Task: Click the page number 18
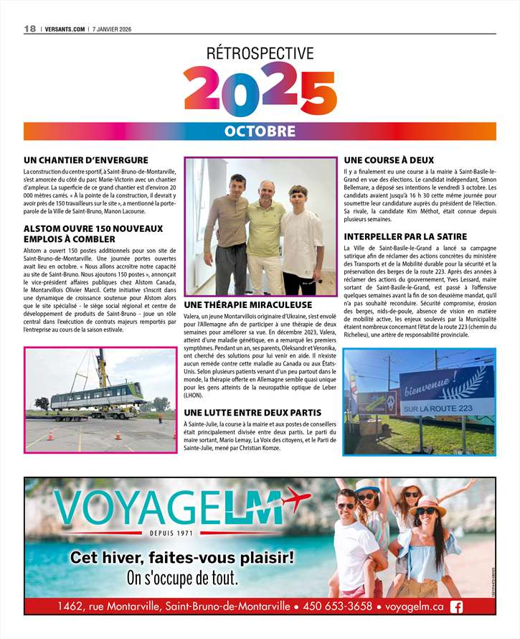pyautogui.click(x=29, y=29)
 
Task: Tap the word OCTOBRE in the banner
pyautogui.click(x=260, y=131)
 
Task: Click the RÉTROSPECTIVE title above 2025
pyautogui.click(x=260, y=53)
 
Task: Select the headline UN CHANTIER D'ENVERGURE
pyautogui.click(x=85, y=159)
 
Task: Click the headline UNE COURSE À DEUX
pyautogui.click(x=389, y=159)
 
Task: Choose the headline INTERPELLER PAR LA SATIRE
pyautogui.click(x=405, y=236)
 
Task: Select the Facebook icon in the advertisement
pyautogui.click(x=456, y=607)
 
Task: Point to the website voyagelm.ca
pyautogui.click(x=415, y=607)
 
